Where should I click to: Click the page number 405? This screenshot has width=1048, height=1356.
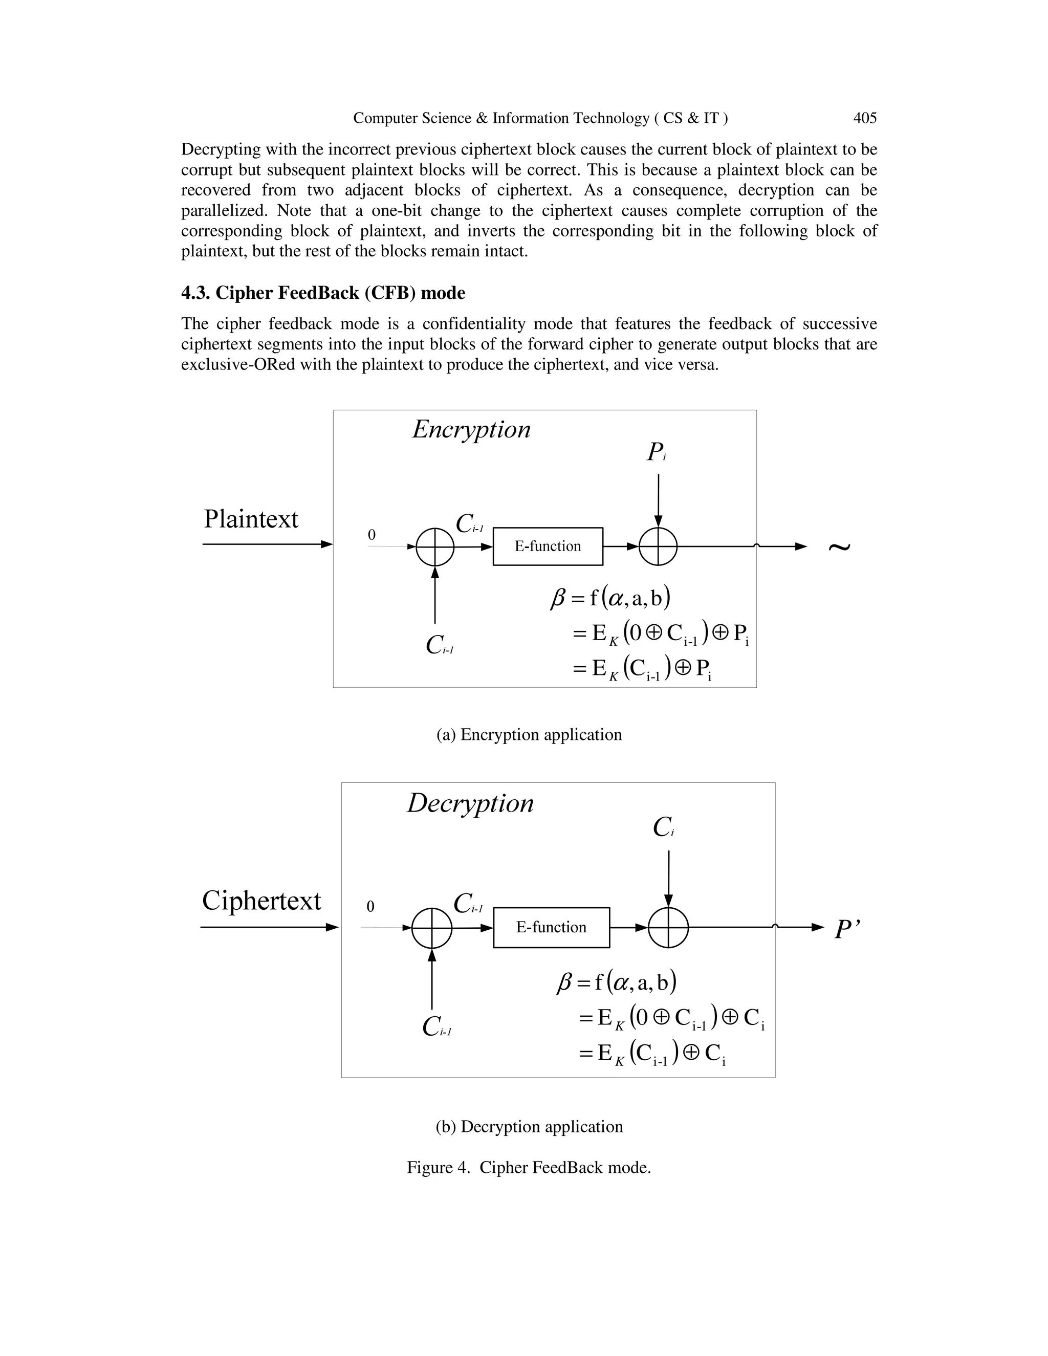coord(864,118)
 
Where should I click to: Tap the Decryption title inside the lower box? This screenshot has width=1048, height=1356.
coord(470,803)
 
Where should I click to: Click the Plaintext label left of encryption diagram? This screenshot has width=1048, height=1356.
coord(251,519)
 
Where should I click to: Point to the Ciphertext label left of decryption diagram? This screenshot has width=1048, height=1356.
coord(261,900)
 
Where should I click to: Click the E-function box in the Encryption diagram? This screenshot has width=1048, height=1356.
coord(548,546)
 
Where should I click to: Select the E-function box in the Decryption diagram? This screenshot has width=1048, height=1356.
coord(551,928)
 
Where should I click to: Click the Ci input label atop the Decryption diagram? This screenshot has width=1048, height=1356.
coord(663,827)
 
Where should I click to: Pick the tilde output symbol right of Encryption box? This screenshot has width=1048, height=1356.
coord(839,546)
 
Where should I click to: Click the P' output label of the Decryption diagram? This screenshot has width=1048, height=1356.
coord(847,929)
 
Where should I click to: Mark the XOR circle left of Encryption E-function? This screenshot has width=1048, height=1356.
coord(434,547)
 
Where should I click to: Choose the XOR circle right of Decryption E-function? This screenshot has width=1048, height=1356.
coord(668,928)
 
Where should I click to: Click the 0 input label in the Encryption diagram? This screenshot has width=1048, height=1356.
coord(372,535)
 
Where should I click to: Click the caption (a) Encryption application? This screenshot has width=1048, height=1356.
coord(529,734)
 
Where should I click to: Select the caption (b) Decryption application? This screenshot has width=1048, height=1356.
coord(529,1126)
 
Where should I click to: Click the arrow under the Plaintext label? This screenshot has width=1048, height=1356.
coord(267,544)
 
